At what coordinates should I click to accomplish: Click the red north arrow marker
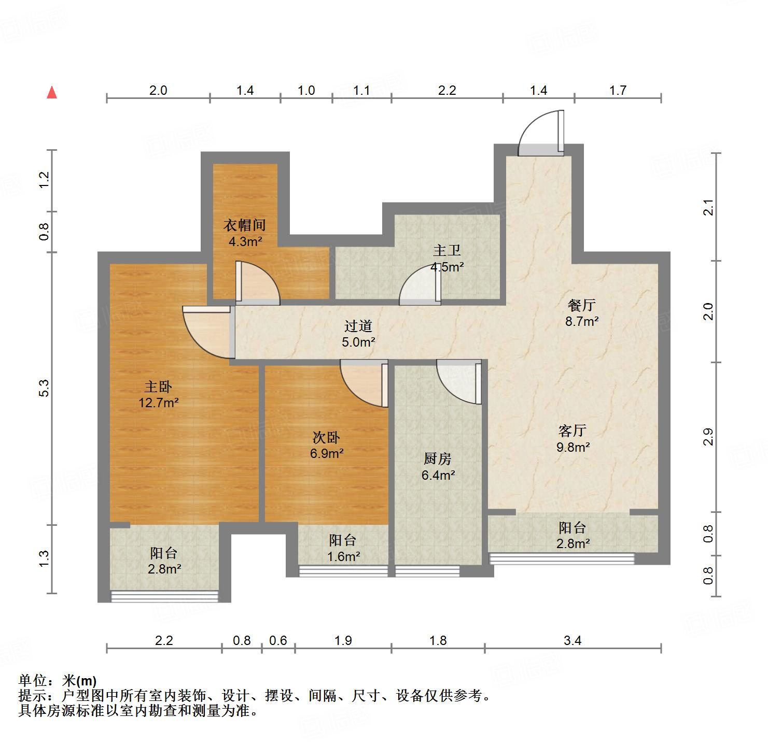[52, 93]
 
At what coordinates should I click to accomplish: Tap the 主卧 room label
[158, 386]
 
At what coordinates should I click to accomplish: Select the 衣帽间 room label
[245, 225]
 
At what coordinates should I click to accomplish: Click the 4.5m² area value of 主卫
[447, 267]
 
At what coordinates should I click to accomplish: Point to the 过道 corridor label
[358, 326]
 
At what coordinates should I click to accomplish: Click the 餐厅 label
[581, 305]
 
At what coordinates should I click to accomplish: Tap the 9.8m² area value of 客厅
[573, 447]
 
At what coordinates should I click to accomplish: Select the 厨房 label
[438, 458]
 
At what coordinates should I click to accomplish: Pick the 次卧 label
[326, 437]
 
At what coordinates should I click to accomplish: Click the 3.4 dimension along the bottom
[572, 641]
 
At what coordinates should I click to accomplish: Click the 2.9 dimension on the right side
[708, 437]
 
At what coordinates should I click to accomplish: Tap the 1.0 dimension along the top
[306, 91]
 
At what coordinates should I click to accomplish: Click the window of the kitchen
[427, 571]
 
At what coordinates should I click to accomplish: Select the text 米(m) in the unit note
[79, 680]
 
